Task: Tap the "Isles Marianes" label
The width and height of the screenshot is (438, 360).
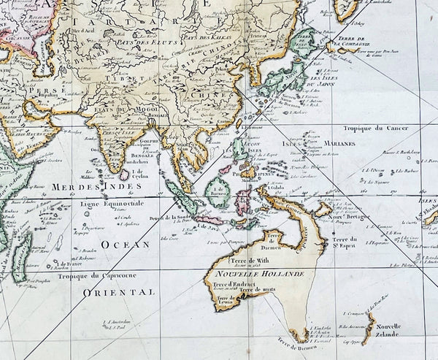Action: point(314,149)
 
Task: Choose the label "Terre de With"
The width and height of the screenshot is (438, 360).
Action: point(237,259)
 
